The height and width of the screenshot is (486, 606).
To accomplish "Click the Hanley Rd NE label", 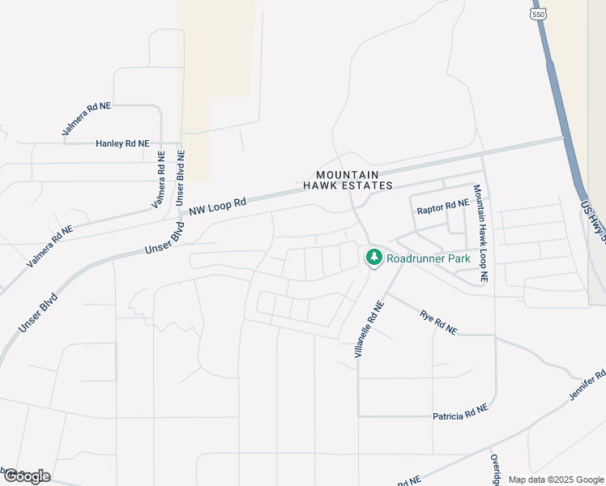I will click(122, 143).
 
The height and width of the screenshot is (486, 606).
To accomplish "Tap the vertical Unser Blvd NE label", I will click(181, 177).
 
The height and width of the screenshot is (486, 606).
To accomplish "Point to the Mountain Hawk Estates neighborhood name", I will click(348, 180).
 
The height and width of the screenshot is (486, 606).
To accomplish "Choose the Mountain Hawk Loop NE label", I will click(480, 233).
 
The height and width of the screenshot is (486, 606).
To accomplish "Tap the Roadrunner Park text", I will click(428, 259).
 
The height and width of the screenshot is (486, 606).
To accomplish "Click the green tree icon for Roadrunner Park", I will click(373, 258).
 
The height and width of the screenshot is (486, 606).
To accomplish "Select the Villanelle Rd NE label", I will click(367, 328).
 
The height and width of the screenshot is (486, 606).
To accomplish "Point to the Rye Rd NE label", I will click(438, 322).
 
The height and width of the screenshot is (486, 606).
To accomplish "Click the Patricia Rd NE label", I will click(460, 414).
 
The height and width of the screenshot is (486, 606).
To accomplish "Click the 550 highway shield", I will click(538, 15).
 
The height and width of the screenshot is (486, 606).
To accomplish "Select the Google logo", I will click(27, 475).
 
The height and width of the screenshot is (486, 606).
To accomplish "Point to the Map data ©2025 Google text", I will click(555, 480).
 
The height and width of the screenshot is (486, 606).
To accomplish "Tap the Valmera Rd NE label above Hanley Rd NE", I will click(86, 119).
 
